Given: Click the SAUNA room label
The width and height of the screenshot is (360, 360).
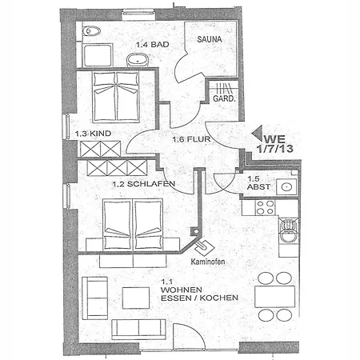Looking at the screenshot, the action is (210, 39).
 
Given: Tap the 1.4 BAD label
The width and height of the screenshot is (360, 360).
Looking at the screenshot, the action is (153, 44).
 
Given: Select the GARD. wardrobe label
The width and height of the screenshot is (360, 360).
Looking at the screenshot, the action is (224, 98).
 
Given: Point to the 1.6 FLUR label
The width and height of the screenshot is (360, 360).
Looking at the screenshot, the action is (191, 139).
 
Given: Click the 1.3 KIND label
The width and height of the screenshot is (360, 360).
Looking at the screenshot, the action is (93, 134).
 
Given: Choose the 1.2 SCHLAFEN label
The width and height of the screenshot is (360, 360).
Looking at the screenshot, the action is (144, 184).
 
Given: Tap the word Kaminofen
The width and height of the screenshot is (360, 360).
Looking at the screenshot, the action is (208, 262).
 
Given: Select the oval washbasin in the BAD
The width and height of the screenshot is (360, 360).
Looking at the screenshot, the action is (138, 59).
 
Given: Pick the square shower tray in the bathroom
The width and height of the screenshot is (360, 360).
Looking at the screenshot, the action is (97, 55).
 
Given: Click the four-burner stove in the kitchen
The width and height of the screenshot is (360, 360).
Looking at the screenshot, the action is (265, 207).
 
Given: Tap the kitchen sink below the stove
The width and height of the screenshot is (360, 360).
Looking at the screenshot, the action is (288, 230).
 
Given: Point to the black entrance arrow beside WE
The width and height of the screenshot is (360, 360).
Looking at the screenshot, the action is (258, 133).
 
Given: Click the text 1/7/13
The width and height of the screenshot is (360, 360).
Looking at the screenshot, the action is (275, 149).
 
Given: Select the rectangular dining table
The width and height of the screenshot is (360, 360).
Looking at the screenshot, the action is (275, 297).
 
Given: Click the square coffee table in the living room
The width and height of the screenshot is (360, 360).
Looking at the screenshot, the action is (136, 298).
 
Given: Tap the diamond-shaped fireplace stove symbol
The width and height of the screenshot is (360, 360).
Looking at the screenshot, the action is (205, 248).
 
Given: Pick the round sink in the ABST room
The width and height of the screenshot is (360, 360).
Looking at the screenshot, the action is (286, 186).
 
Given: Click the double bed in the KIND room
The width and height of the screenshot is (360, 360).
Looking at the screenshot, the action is (116, 97).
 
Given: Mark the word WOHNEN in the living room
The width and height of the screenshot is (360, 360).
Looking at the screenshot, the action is (182, 290).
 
